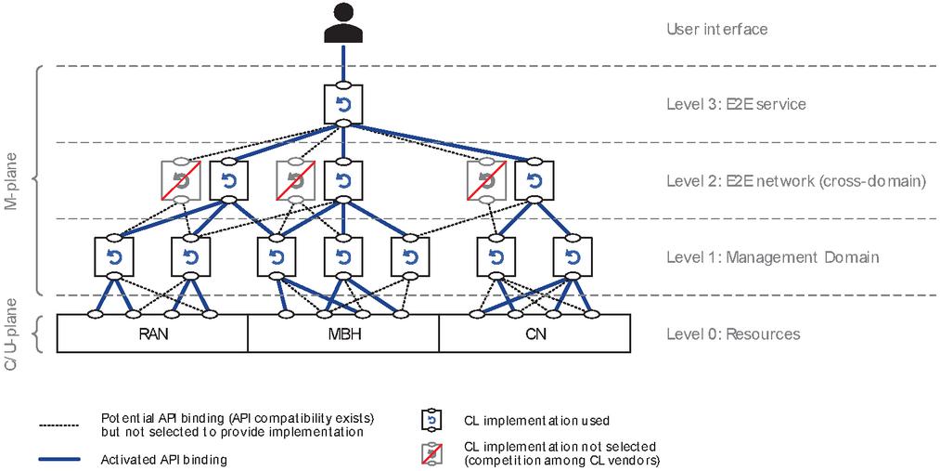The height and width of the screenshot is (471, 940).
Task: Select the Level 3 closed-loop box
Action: tap(342, 104)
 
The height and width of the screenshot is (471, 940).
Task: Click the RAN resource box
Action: tap(152, 334)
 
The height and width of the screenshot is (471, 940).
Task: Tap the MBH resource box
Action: tap(342, 334)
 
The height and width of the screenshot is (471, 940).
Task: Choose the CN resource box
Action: tap(534, 334)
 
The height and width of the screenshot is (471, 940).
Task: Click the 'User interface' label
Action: tap(717, 29)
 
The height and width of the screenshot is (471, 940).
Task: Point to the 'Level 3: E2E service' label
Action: tap(736, 104)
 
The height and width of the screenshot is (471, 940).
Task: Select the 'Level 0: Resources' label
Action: tap(733, 334)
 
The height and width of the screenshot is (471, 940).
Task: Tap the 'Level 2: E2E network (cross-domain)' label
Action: tap(796, 181)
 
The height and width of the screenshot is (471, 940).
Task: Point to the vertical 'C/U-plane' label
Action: tap(13, 337)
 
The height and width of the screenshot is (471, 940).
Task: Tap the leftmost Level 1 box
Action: tap(113, 255)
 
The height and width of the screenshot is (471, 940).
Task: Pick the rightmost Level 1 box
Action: tap(572, 255)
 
